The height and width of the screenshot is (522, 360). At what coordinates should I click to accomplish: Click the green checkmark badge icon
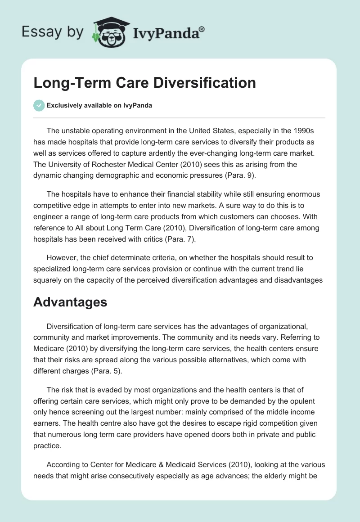[x=39, y=105]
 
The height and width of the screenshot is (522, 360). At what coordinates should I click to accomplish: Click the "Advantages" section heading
[x=70, y=301]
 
